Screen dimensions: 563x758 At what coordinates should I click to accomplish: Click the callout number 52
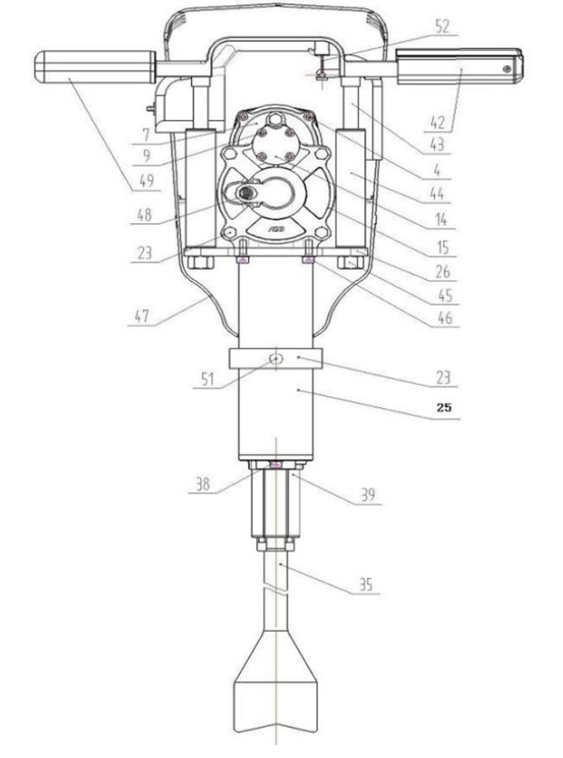pos(442,26)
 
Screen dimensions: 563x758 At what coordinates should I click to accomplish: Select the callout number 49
pos(146,181)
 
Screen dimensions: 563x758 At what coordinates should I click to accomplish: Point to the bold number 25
pos(444,407)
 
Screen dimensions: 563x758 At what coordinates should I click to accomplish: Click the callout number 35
pos(366,585)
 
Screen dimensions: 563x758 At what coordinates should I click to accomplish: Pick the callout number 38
pos(202,484)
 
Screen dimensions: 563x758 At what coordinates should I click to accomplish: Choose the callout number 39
pos(368,495)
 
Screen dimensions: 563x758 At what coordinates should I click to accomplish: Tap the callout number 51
pos(207,379)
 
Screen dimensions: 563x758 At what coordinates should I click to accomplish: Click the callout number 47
pos(143,317)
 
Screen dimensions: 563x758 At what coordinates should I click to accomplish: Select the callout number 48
pos(143,214)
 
